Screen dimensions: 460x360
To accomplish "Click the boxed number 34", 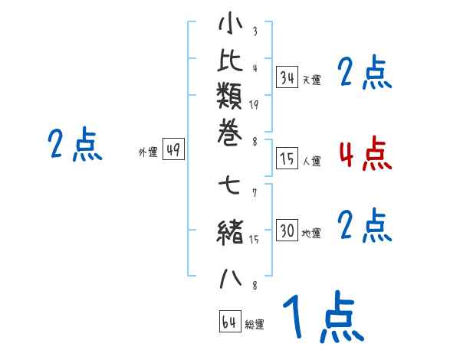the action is [x=287, y=77].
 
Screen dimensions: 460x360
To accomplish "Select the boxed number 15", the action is [x=287, y=159].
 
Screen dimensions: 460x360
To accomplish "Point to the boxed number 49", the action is [x=173, y=151].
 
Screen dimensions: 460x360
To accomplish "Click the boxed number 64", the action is [x=229, y=322].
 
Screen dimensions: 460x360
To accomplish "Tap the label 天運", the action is [x=311, y=80].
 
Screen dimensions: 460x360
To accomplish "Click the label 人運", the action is [x=311, y=162].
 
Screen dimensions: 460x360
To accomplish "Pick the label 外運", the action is [x=148, y=153].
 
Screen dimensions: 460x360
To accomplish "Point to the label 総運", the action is [x=255, y=325].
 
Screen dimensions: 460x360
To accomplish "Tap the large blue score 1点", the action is [x=322, y=316].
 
